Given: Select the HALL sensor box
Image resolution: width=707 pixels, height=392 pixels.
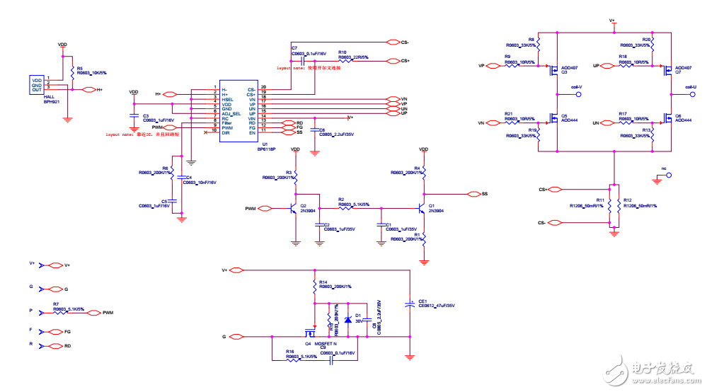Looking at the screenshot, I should pyautogui.click(x=37, y=86).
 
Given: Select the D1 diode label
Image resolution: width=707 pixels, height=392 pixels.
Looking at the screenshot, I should pyautogui.click(x=358, y=315).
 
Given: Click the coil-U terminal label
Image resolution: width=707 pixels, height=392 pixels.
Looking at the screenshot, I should pyautogui.click(x=690, y=86).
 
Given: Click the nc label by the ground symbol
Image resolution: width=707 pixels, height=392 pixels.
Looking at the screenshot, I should pyautogui.click(x=663, y=168).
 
